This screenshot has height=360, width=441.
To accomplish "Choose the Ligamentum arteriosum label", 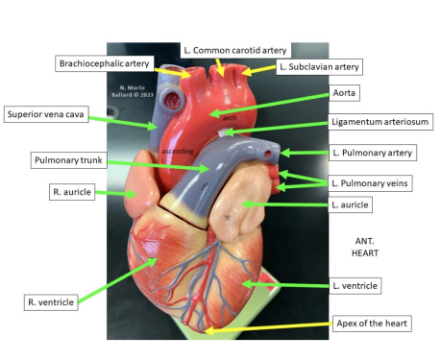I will coord(380,122).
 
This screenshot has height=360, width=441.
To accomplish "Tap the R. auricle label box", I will coord(70,193).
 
